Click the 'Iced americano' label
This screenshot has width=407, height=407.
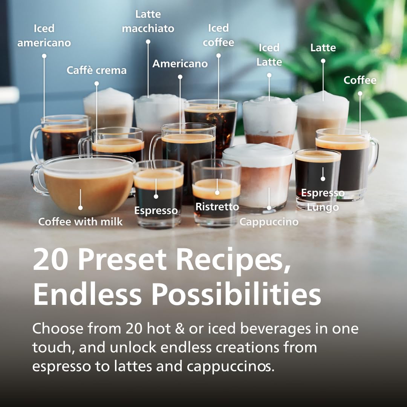pyautogui.click(x=44, y=35)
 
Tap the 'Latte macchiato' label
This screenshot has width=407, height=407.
pyautogui.click(x=148, y=21)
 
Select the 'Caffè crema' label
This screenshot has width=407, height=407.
pyautogui.click(x=96, y=70)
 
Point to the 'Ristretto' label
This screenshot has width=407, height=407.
pyautogui.click(x=217, y=207)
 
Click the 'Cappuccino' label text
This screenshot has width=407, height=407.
pyautogui.click(x=269, y=222)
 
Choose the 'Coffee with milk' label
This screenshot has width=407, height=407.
pyautogui.click(x=80, y=222)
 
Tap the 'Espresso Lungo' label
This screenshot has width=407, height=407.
pyautogui.click(x=323, y=200)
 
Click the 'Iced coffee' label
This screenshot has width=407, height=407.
pyautogui.click(x=219, y=35)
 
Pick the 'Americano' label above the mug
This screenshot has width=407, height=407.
pyautogui.click(x=180, y=64)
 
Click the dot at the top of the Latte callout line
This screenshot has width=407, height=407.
pyautogui.click(x=323, y=61)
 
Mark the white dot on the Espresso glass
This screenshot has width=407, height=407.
pyautogui.click(x=156, y=196)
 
